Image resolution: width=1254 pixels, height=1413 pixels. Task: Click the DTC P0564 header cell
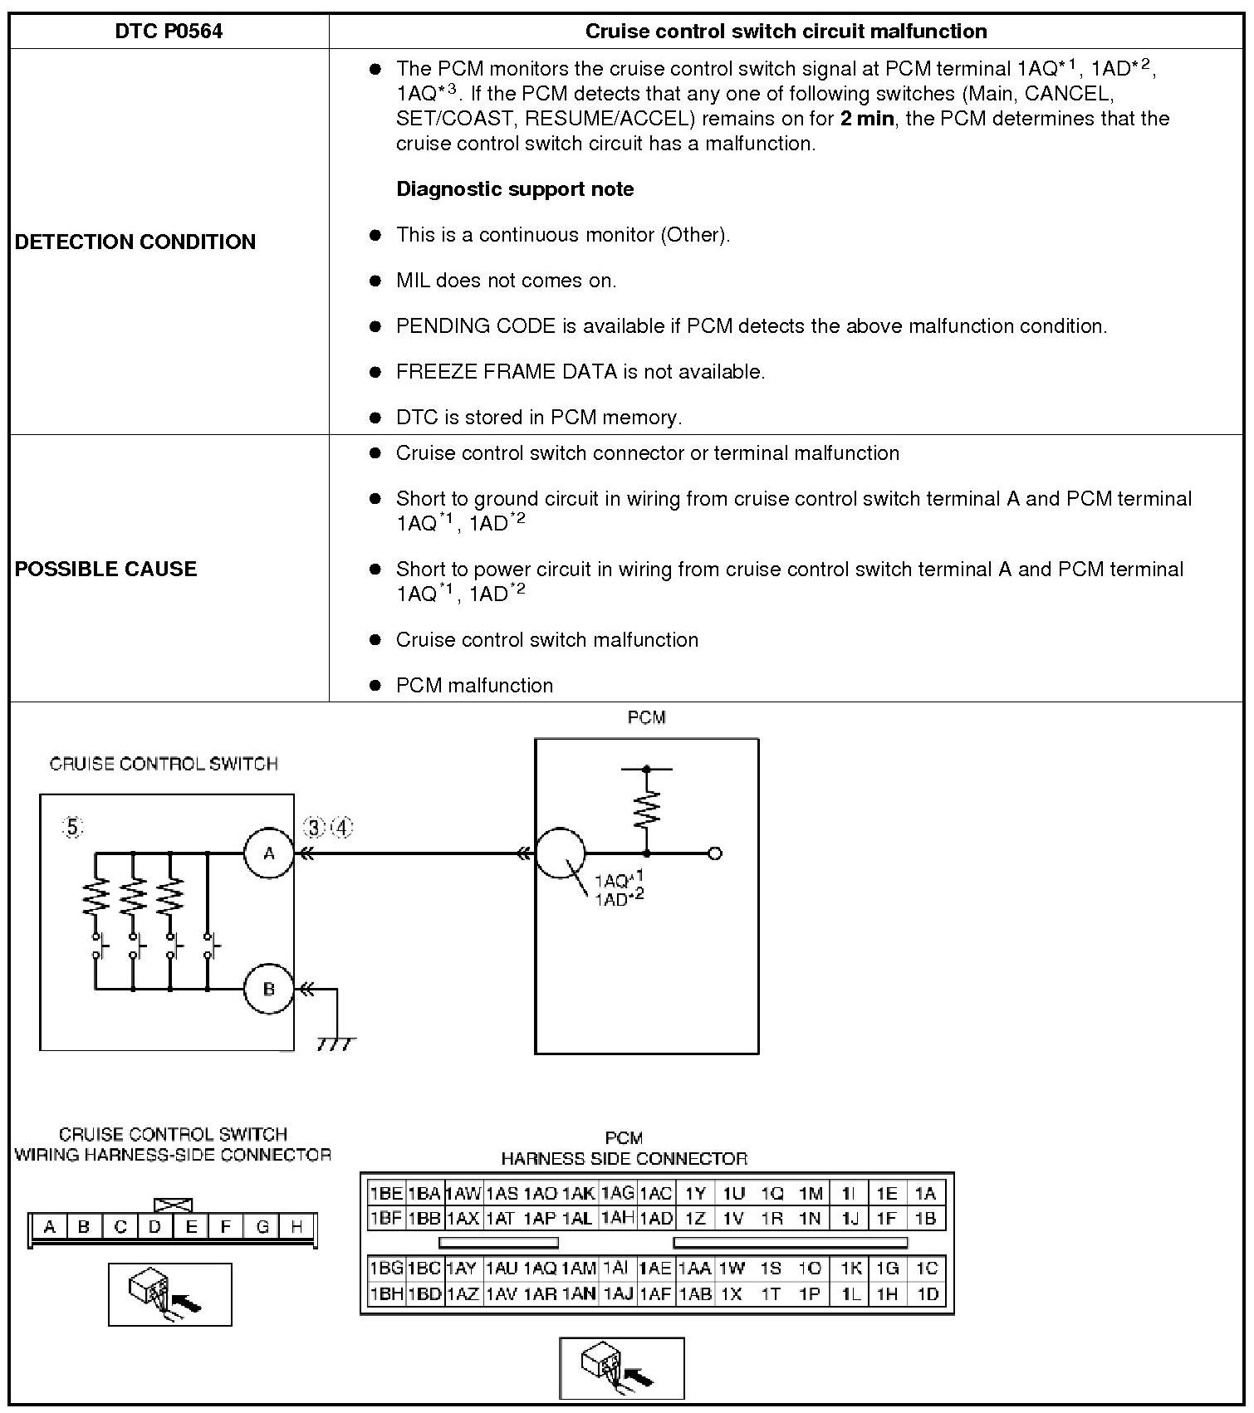(x=169, y=32)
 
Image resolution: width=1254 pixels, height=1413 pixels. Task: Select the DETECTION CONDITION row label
(x=135, y=242)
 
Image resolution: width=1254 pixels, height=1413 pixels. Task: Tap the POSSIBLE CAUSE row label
(x=106, y=569)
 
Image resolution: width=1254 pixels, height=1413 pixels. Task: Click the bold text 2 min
(x=867, y=119)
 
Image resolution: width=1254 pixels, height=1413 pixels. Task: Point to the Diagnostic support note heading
(x=515, y=189)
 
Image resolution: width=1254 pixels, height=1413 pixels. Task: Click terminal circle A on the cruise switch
(x=268, y=853)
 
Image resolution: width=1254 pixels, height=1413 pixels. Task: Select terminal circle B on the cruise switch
(x=268, y=989)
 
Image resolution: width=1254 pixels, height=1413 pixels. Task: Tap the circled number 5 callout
(x=73, y=827)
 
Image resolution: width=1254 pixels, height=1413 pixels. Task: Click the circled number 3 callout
(x=314, y=827)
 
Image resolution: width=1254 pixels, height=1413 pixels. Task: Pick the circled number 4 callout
(x=341, y=827)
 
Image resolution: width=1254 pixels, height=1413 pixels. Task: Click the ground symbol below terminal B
(x=336, y=1043)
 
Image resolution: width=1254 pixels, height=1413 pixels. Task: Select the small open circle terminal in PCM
(x=715, y=853)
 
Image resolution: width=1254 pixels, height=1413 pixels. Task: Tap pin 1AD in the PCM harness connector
(x=656, y=1219)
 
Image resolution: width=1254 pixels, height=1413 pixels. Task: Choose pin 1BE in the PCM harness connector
(x=386, y=1194)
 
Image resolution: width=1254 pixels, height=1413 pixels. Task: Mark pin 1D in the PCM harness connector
(x=927, y=1293)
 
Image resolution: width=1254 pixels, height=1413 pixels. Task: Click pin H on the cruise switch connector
(x=296, y=1226)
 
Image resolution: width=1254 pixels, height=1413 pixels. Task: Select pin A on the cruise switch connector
(x=50, y=1226)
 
